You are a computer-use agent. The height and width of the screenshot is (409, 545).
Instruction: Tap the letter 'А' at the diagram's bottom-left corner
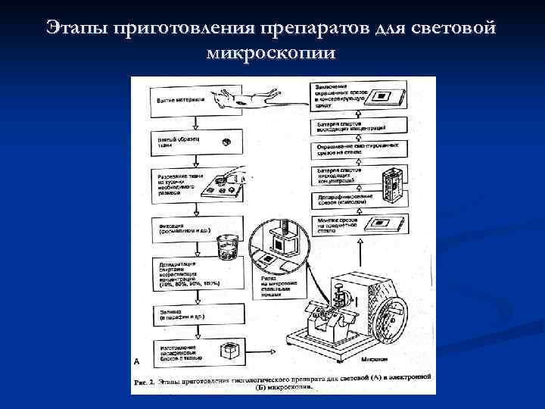[136, 362]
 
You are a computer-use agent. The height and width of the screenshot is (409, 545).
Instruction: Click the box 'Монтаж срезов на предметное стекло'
[341, 224]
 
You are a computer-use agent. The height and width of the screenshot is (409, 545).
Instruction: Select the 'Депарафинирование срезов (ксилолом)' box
[341, 200]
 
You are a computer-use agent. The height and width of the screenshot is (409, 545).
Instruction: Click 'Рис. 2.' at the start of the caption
[143, 380]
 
